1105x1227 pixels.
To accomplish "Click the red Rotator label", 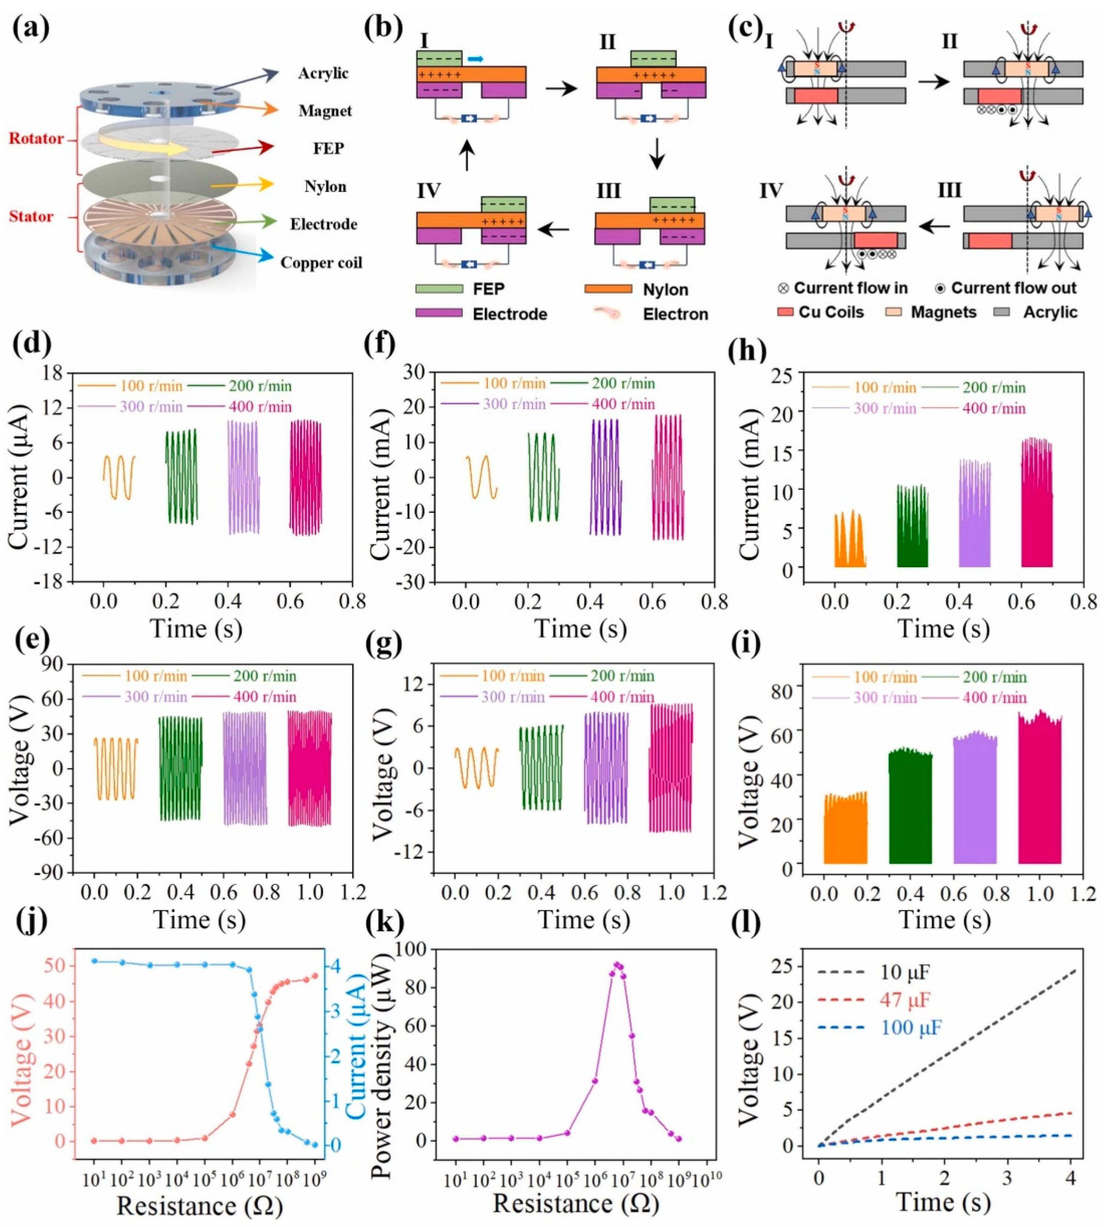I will pos(36,139).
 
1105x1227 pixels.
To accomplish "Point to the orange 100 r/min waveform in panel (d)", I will pos(119,477).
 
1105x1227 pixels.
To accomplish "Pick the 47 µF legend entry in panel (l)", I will pos(905,999).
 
